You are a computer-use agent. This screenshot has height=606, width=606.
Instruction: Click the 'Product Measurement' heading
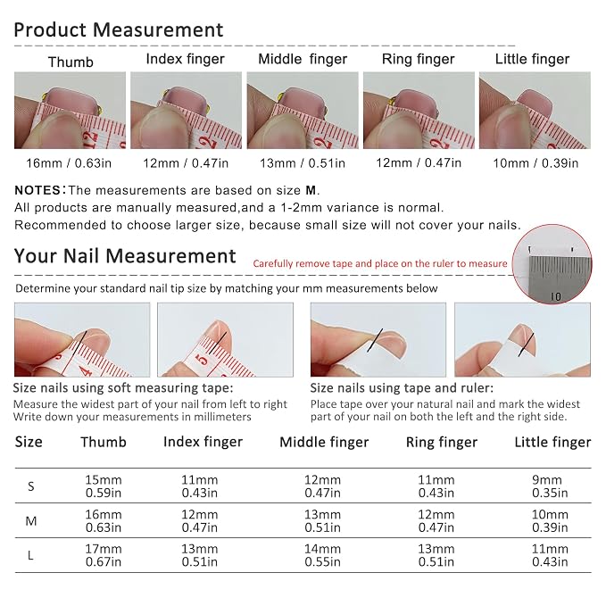click(119, 30)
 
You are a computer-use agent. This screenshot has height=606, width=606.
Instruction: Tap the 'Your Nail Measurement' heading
click(125, 256)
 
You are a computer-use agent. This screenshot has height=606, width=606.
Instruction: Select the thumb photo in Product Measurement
click(70, 110)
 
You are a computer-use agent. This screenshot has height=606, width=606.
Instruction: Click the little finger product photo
click(535, 110)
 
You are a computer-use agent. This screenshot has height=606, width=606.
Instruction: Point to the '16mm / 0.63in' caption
click(69, 163)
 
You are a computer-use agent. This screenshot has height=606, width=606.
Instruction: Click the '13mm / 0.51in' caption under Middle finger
click(303, 163)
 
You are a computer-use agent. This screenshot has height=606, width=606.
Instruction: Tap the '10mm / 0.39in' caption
click(535, 163)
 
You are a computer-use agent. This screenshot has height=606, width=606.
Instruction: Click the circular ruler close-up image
click(552, 264)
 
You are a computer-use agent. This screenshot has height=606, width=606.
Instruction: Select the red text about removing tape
click(380, 263)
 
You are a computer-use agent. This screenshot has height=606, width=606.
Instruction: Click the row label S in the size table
click(31, 486)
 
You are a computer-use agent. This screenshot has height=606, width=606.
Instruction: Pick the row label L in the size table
click(30, 555)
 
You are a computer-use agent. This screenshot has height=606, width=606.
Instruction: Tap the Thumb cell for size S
click(104, 486)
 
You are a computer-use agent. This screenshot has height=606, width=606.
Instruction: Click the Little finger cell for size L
click(550, 555)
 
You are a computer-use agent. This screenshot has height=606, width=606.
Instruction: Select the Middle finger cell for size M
click(322, 520)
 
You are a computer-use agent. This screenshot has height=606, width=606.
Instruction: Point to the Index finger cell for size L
click(199, 555)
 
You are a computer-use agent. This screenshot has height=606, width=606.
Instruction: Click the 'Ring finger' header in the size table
click(442, 442)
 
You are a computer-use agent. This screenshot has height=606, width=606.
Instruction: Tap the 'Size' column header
click(29, 442)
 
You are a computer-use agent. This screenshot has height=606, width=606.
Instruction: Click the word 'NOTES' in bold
click(37, 190)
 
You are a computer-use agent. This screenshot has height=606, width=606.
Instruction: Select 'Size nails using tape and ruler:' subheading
click(402, 387)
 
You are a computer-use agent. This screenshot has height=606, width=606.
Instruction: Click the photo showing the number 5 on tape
click(225, 340)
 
